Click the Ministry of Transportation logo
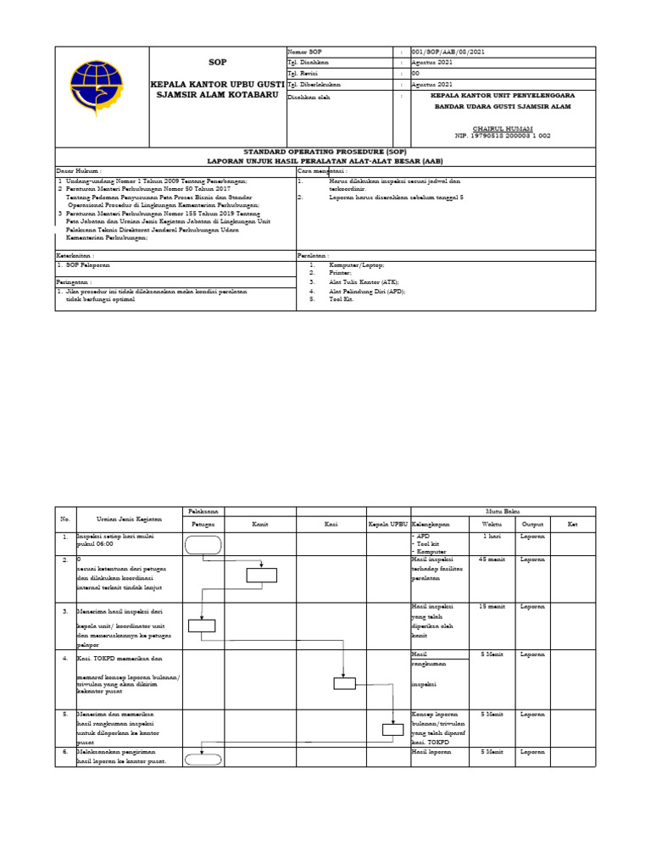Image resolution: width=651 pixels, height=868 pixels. (101, 85)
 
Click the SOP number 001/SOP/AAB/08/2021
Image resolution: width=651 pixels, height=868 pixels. (448, 53)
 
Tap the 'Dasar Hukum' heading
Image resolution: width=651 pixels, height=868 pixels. (73, 170)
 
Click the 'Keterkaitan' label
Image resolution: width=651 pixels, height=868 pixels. (75, 254)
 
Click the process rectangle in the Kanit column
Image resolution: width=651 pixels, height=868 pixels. (262, 576)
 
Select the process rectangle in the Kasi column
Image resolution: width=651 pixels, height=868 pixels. (344, 684)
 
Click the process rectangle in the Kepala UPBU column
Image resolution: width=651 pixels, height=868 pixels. (392, 729)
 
